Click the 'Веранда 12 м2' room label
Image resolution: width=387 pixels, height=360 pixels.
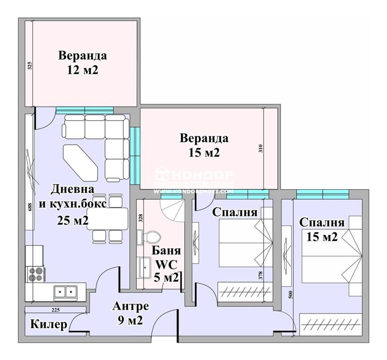coord(83,62)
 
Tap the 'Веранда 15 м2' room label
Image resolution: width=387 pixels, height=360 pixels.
coord(204,145)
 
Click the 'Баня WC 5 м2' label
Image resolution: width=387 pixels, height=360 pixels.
coord(166,264)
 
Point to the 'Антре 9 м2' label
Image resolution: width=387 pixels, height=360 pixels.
coord(131,313)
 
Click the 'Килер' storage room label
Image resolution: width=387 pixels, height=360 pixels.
coord(48,325)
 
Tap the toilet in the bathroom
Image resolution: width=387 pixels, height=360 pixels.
coord(152,236)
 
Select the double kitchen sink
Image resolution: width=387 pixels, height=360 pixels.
coord(65,291)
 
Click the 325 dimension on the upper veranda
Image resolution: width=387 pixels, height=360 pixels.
coord(30,66)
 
